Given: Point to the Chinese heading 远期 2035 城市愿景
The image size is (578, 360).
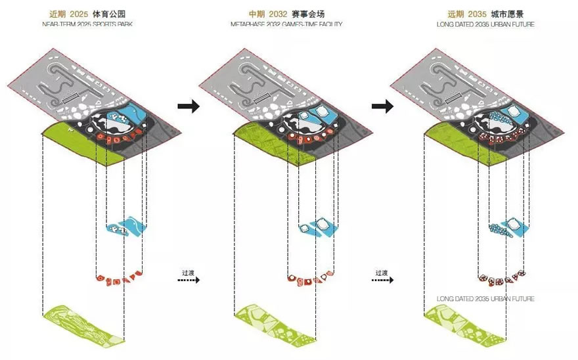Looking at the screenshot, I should pyautogui.click(x=485, y=13).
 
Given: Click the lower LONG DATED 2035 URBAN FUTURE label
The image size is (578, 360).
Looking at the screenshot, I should pyautogui.click(x=485, y=299).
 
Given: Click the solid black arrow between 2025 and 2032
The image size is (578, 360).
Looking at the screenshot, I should pyautogui.click(x=189, y=107).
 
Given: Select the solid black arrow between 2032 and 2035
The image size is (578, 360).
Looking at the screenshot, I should pyautogui.click(x=382, y=107).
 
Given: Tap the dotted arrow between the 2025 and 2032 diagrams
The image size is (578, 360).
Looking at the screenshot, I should pyautogui.click(x=189, y=280).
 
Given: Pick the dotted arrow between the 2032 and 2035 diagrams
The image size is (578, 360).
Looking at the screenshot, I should pyautogui.click(x=382, y=280).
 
